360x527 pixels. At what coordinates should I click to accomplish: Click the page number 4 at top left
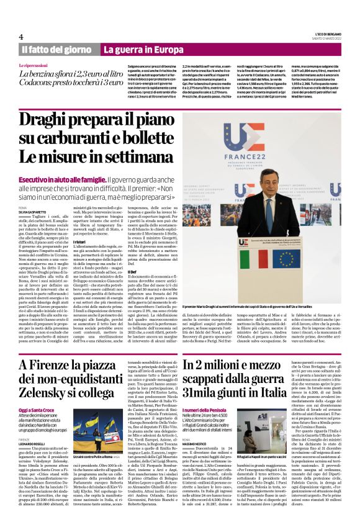[x=20, y=37]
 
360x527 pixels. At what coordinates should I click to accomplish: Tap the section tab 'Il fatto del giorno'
[x=56, y=49]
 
